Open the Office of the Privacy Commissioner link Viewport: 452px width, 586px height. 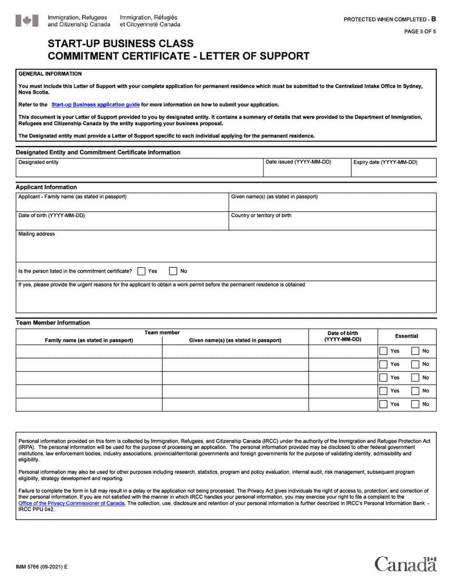click(72, 503)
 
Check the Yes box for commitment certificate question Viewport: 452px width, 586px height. click(141, 271)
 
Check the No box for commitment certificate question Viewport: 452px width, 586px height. click(174, 271)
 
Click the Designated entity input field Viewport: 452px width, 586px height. click(139, 171)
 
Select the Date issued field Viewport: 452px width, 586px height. click(306, 171)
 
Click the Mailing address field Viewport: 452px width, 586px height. click(226, 249)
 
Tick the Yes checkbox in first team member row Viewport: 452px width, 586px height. click(383, 351)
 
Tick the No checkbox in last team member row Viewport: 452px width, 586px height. click(415, 404)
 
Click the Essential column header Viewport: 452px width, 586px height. click(406, 336)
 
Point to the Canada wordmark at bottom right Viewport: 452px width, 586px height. click(405, 564)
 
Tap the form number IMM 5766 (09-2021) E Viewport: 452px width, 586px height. click(42, 567)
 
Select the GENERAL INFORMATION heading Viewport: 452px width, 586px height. click(50, 74)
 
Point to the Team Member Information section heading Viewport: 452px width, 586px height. click(53, 323)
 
